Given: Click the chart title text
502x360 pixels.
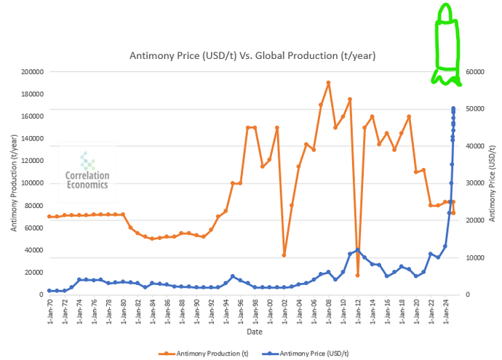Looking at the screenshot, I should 252,56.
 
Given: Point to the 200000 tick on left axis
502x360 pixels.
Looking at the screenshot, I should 31,72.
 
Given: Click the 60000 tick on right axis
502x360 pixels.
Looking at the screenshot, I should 474,72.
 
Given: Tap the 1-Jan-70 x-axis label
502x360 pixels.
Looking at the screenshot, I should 49,311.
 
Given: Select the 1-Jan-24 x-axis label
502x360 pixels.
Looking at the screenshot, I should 446,311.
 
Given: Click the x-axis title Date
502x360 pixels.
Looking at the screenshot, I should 254,332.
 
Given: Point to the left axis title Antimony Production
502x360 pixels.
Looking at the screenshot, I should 14,183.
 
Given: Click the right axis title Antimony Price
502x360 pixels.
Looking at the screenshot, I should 493,183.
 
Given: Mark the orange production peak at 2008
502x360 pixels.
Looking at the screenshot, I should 328,83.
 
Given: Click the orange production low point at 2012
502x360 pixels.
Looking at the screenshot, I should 358,275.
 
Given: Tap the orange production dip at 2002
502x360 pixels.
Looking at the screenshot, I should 284,255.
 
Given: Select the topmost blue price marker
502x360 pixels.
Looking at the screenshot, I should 453,108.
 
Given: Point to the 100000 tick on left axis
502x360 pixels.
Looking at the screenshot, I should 31,183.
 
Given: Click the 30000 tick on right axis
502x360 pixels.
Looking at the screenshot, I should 474,183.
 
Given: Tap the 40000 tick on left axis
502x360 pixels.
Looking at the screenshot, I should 33,250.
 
